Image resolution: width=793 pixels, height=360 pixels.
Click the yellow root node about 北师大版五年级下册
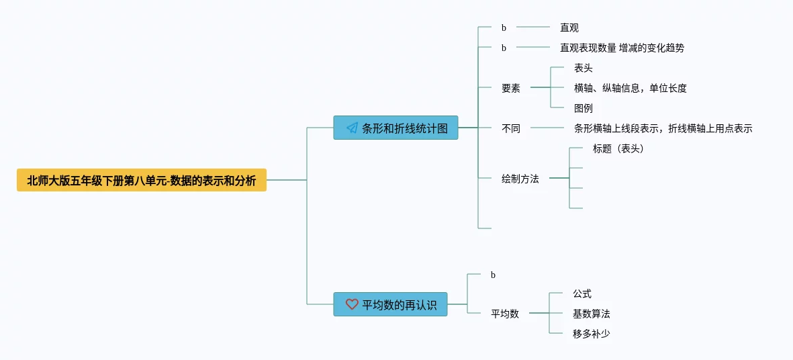pyautogui.click(x=142, y=180)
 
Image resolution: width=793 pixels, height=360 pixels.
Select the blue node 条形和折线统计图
pyautogui.click(x=395, y=128)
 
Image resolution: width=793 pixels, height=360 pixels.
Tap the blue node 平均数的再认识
pyautogui.click(x=390, y=304)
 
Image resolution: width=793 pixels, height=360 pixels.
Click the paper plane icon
pyautogui.click(x=352, y=128)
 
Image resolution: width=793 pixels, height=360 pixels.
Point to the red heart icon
pyautogui.click(x=352, y=304)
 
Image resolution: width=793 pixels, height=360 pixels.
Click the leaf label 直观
pyautogui.click(x=569, y=28)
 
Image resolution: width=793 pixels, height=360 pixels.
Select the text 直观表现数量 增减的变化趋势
pyautogui.click(x=622, y=48)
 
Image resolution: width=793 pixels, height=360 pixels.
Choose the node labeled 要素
pyautogui.click(x=510, y=88)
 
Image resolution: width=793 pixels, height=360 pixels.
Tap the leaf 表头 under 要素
pyautogui.click(x=583, y=68)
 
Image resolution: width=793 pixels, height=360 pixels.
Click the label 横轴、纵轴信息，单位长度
pyautogui.click(x=630, y=88)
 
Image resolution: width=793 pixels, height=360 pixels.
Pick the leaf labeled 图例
pyautogui.click(x=583, y=108)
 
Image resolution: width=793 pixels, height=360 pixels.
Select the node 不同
pyautogui.click(x=510, y=128)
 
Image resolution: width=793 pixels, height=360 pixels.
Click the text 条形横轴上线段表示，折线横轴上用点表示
pyautogui.click(x=663, y=128)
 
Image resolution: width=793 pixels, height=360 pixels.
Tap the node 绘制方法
pyautogui.click(x=520, y=179)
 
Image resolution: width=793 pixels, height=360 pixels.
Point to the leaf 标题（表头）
pyautogui.click(x=618, y=148)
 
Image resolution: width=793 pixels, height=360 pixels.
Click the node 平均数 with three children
pyautogui.click(x=504, y=314)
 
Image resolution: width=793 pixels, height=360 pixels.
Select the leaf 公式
pyautogui.click(x=581, y=294)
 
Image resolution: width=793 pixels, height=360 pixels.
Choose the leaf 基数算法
pyautogui.click(x=591, y=314)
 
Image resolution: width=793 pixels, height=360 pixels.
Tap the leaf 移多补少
pyautogui.click(x=591, y=334)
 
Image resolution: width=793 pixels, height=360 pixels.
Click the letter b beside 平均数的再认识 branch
pyautogui.click(x=493, y=275)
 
